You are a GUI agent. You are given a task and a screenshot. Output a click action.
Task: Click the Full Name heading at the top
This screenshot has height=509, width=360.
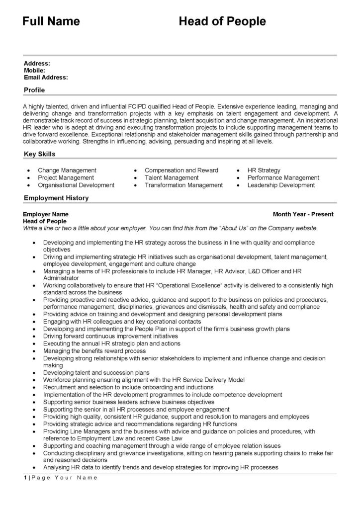coord(51,21)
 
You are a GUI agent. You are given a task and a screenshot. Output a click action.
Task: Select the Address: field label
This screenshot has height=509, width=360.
coord(37,64)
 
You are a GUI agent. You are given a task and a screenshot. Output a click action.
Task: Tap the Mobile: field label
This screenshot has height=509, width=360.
coord(35,71)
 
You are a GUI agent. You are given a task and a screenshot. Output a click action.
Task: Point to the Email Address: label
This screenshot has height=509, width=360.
coord(46,78)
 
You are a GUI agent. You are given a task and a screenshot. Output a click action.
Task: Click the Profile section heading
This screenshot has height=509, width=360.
coord(34,90)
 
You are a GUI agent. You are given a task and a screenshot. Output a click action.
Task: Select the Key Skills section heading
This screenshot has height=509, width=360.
coord(40,154)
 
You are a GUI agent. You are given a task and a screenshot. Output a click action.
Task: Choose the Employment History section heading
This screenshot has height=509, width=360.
coord(56,198)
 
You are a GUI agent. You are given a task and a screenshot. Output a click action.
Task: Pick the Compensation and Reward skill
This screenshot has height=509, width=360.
coord(181,170)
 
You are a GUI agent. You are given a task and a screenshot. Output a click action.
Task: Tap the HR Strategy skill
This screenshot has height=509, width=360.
coord(264,170)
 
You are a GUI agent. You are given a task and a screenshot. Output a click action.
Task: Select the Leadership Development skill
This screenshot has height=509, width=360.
coord(281,185)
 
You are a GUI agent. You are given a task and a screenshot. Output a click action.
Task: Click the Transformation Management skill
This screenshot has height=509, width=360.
coord(183,185)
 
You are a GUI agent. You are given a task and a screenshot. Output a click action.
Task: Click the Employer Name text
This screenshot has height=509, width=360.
coord(46,214)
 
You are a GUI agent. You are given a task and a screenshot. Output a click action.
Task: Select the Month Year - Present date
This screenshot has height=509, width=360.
coord(303,214)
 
